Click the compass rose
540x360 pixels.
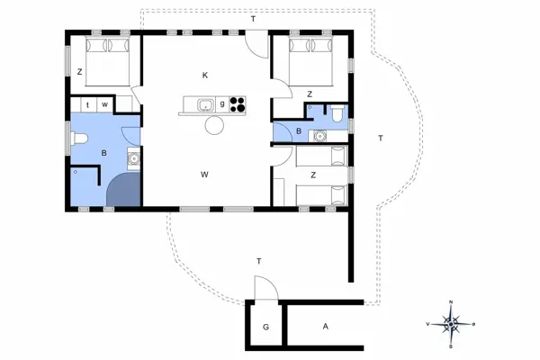click(x=451, y=324)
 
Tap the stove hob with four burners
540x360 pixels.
click(x=238, y=104)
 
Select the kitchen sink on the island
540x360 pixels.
click(x=206, y=104)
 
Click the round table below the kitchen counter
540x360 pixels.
click(x=214, y=125)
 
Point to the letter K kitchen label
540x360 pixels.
click(x=205, y=75)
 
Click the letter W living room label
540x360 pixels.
click(x=204, y=175)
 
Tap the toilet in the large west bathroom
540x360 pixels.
click(x=79, y=139)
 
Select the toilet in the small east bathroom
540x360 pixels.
click(x=337, y=113)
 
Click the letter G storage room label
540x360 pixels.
click(x=265, y=327)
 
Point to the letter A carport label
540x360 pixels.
click(x=326, y=326)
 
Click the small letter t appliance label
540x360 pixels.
click(x=88, y=105)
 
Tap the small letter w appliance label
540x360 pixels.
click(x=104, y=104)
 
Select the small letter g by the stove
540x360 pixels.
click(x=222, y=103)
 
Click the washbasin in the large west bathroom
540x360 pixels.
click(x=134, y=158)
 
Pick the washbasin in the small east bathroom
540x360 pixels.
click(x=320, y=136)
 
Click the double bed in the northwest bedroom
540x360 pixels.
click(x=107, y=61)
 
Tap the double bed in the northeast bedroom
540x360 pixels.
click(x=311, y=61)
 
